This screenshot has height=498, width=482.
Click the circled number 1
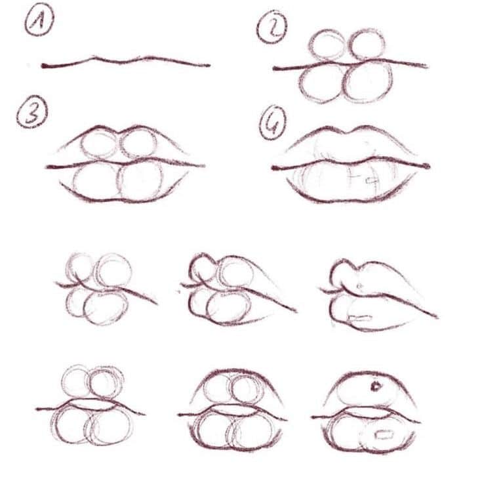click(x=39, y=24)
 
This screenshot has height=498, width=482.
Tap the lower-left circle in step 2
click(x=321, y=82)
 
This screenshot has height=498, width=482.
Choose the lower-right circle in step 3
click(x=142, y=180)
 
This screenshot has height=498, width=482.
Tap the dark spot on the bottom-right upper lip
click(x=376, y=386)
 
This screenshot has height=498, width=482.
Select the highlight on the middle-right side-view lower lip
click(x=361, y=319)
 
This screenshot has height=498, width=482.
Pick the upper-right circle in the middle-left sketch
click(x=115, y=269)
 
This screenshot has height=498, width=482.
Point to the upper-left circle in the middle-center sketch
click(x=204, y=269)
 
